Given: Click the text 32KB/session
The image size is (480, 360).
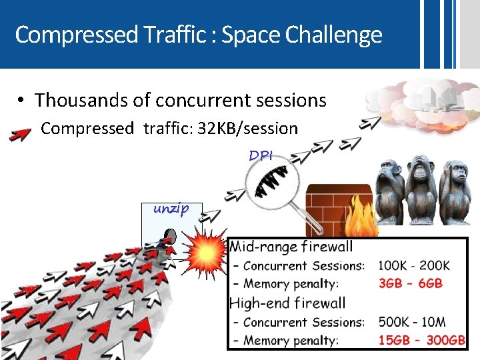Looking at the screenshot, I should pos(246,128).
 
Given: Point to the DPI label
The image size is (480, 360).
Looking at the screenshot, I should pos(261,156).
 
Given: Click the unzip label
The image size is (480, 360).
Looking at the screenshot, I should pos(171,208).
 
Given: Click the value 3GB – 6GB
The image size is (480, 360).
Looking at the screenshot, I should pos(410,283).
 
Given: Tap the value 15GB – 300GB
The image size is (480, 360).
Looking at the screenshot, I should pos(421,340).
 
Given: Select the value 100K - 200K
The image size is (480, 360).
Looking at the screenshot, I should pos(414,265).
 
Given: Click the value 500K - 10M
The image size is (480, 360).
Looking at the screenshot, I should pos(413,322).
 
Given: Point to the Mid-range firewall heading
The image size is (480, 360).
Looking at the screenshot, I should pos(291,247).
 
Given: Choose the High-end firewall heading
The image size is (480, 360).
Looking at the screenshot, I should pos(287,303).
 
